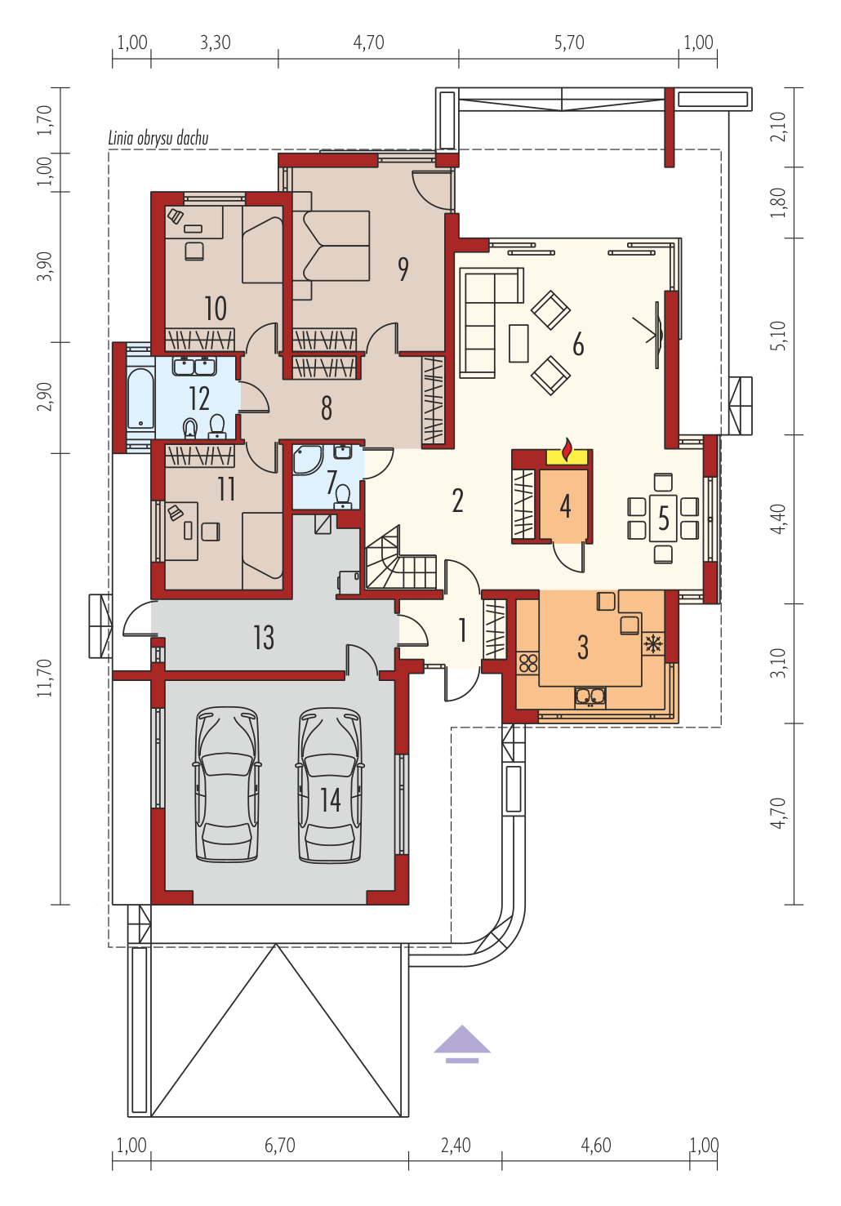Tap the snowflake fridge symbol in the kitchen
tap(653, 643)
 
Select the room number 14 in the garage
tap(330, 800)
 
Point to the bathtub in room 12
tap(140, 398)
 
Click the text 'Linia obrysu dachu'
tap(158, 138)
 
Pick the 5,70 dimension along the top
tap(569, 42)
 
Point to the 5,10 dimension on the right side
tap(778, 336)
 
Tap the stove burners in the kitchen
tap(527, 663)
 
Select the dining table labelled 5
tap(663, 518)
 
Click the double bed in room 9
tap(332, 246)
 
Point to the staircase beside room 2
tap(401, 562)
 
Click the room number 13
tap(264, 638)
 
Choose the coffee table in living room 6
tap(518, 343)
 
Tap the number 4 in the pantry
tap(565, 506)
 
